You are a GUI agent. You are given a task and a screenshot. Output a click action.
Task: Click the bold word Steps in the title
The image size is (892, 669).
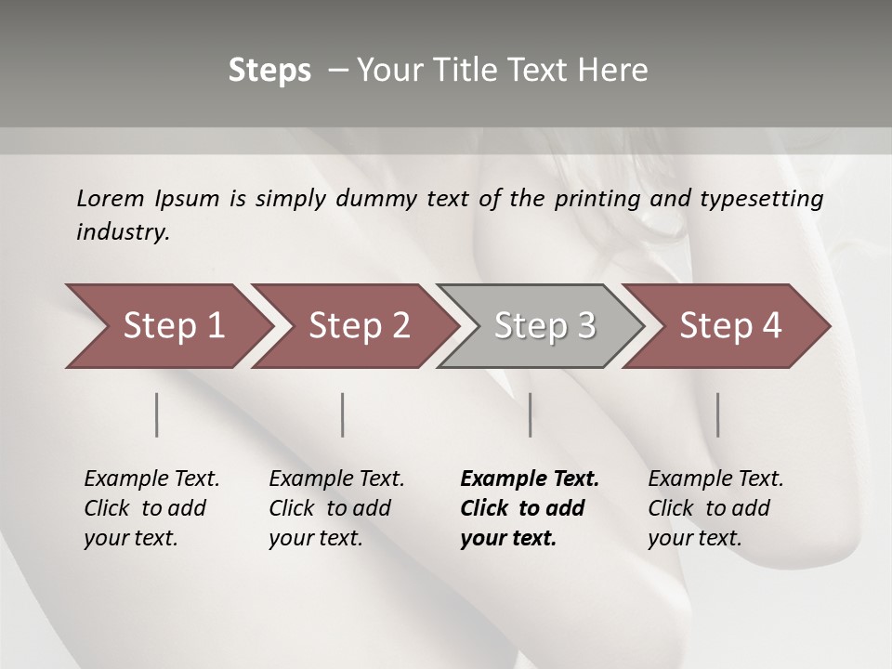[x=269, y=71]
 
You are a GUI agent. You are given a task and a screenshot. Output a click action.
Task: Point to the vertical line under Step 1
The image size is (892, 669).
[x=157, y=414]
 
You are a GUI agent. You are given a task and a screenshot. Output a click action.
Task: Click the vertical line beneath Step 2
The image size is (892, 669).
[x=343, y=414]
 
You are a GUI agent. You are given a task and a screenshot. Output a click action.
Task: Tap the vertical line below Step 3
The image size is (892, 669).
[x=531, y=414]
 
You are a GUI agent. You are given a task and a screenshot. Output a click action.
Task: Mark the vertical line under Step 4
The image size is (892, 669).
[x=718, y=414]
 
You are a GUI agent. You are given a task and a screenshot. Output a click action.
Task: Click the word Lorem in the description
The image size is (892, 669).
[x=111, y=198]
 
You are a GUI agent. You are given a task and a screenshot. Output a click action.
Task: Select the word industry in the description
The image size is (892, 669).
[x=123, y=231]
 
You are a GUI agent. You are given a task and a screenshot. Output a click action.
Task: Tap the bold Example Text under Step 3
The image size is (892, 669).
[x=530, y=479]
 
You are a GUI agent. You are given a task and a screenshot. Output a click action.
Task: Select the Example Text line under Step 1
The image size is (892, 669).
[x=151, y=479]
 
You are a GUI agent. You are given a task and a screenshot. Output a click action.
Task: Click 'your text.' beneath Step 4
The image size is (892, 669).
[x=695, y=538]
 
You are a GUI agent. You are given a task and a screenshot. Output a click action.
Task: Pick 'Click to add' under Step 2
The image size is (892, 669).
[x=330, y=508]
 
